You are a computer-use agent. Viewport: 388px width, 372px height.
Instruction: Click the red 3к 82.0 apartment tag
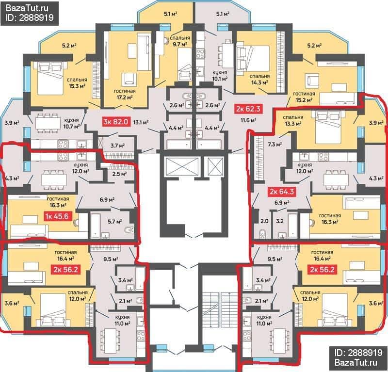pos(116,122)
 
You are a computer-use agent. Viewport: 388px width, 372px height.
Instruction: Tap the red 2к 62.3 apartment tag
pos(248,109)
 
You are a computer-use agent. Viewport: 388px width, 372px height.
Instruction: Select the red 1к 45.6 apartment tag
pos(56,216)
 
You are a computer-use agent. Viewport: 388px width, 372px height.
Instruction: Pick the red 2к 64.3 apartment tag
pos(282,191)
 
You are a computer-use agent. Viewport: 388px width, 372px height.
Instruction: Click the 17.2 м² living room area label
pos(125,97)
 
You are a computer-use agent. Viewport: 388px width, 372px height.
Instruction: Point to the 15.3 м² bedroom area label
pos(77,86)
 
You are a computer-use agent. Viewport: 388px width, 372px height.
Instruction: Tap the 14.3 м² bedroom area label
pos(259,82)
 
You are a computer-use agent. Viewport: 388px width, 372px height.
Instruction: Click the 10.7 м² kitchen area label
pos(72,126)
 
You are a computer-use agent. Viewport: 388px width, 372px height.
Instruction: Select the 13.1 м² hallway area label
pos(141,122)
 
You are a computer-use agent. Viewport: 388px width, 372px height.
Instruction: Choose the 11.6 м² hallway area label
pos(248,120)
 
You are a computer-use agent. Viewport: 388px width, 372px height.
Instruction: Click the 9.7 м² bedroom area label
pos(180,44)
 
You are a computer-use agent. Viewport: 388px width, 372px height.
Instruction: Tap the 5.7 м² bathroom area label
pos(115,222)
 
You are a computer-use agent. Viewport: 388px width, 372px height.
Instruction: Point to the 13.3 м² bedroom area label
pos(293,123)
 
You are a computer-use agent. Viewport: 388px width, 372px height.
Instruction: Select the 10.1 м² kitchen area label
pos(220,79)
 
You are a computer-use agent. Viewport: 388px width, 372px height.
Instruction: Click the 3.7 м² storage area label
pos(117,146)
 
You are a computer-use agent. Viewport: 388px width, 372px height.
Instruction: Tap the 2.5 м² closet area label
pos(119,174)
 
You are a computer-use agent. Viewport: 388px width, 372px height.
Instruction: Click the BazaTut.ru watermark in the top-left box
pos(27,8)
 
